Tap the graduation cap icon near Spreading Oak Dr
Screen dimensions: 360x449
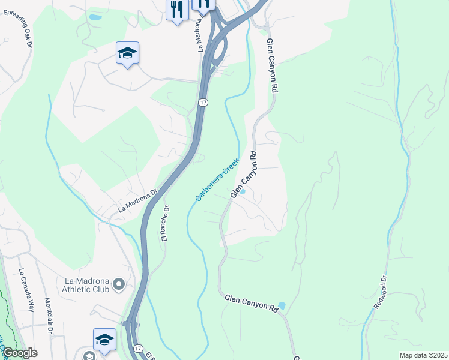(127, 53)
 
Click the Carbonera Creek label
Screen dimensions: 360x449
(217, 179)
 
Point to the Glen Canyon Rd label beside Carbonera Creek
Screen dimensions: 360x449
(244, 175)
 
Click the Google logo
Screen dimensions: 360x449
(19, 353)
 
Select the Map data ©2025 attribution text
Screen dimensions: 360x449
(423, 355)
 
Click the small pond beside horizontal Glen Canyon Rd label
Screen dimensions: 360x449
(282, 305)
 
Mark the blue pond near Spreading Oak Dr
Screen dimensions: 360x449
(95, 17)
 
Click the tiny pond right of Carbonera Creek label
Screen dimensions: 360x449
(243, 191)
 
